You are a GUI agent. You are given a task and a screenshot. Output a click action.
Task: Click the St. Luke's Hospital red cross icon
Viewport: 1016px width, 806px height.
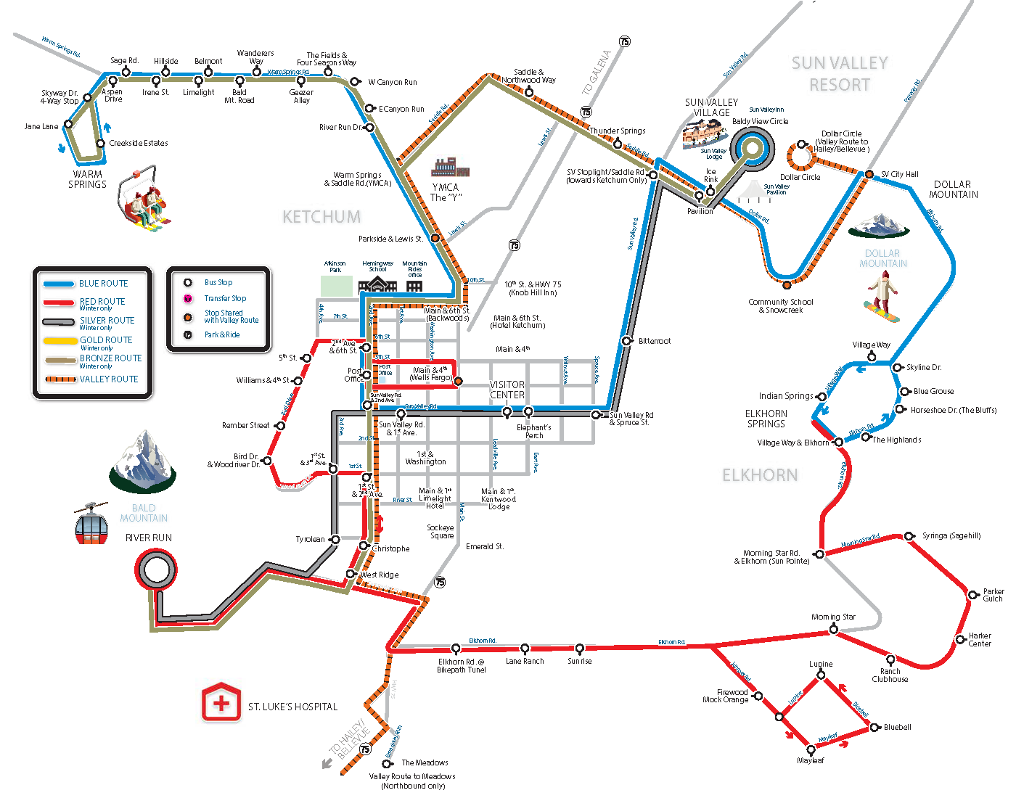221,702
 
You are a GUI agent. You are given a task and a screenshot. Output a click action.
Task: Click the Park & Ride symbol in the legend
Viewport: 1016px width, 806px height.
188,334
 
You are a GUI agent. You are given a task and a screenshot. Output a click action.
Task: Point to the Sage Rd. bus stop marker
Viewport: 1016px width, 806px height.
126,72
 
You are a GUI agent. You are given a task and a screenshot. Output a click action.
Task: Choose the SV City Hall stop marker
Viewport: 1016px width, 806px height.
869,174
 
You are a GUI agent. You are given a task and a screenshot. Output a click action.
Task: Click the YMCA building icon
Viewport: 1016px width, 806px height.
450,168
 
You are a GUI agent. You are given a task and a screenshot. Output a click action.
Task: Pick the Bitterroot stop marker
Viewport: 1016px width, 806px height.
626,341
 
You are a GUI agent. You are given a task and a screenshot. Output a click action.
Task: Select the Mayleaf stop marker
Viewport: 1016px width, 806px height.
811,749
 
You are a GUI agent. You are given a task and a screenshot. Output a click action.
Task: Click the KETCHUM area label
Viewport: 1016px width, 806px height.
321,217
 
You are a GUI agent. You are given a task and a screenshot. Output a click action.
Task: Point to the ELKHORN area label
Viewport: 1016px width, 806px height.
760,475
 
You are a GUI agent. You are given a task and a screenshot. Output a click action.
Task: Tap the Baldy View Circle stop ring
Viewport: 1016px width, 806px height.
752,148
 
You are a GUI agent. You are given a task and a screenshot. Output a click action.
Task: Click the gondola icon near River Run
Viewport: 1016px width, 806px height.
91,524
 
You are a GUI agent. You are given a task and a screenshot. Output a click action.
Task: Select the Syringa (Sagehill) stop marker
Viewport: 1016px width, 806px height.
909,536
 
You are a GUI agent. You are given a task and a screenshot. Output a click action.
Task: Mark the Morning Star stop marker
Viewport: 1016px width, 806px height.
834,630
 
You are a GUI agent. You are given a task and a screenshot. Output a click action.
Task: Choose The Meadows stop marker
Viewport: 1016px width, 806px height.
388,763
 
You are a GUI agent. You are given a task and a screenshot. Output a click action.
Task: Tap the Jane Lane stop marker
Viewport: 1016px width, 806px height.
68,125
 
